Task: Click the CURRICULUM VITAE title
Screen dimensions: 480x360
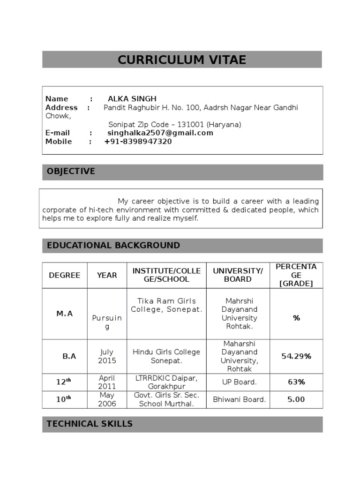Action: (x=182, y=60)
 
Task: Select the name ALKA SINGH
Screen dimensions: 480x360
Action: (x=132, y=99)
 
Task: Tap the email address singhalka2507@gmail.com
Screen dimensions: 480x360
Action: (x=160, y=133)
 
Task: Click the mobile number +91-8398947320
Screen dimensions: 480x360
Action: (x=138, y=142)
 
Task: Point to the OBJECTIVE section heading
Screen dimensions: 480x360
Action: (x=71, y=172)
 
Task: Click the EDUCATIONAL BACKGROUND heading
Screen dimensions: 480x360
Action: (x=113, y=246)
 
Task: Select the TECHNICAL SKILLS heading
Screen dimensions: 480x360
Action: (x=90, y=424)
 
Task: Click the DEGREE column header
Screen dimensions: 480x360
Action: (x=65, y=275)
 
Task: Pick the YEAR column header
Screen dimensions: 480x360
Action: (x=107, y=275)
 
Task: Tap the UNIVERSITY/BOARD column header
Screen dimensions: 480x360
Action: (x=238, y=275)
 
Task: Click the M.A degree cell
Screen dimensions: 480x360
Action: (x=65, y=314)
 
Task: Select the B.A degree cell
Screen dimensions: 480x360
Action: (x=69, y=356)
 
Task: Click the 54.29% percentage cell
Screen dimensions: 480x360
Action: (x=296, y=356)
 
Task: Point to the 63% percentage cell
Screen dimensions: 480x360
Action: (x=296, y=382)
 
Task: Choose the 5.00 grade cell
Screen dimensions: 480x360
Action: (x=296, y=399)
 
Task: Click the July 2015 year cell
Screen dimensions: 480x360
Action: (x=107, y=356)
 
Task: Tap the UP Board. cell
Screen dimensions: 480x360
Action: (x=239, y=382)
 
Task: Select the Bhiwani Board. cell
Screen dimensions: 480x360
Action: (x=239, y=399)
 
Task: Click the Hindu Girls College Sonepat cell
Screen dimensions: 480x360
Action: (x=166, y=356)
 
